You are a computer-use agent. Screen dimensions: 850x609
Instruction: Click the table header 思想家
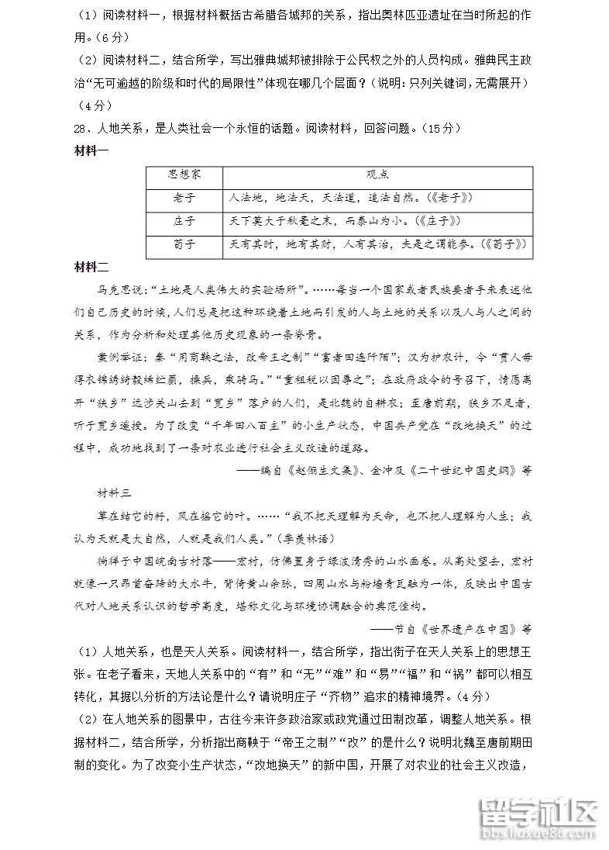coord(184,175)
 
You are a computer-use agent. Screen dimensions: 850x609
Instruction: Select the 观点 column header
coord(377,175)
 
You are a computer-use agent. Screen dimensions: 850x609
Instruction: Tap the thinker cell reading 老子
coord(184,198)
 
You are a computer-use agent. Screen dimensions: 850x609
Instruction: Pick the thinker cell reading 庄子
coord(184,221)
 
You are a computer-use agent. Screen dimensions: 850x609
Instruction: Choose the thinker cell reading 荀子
coord(184,244)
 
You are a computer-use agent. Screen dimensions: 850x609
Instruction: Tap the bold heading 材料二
coord(91,268)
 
